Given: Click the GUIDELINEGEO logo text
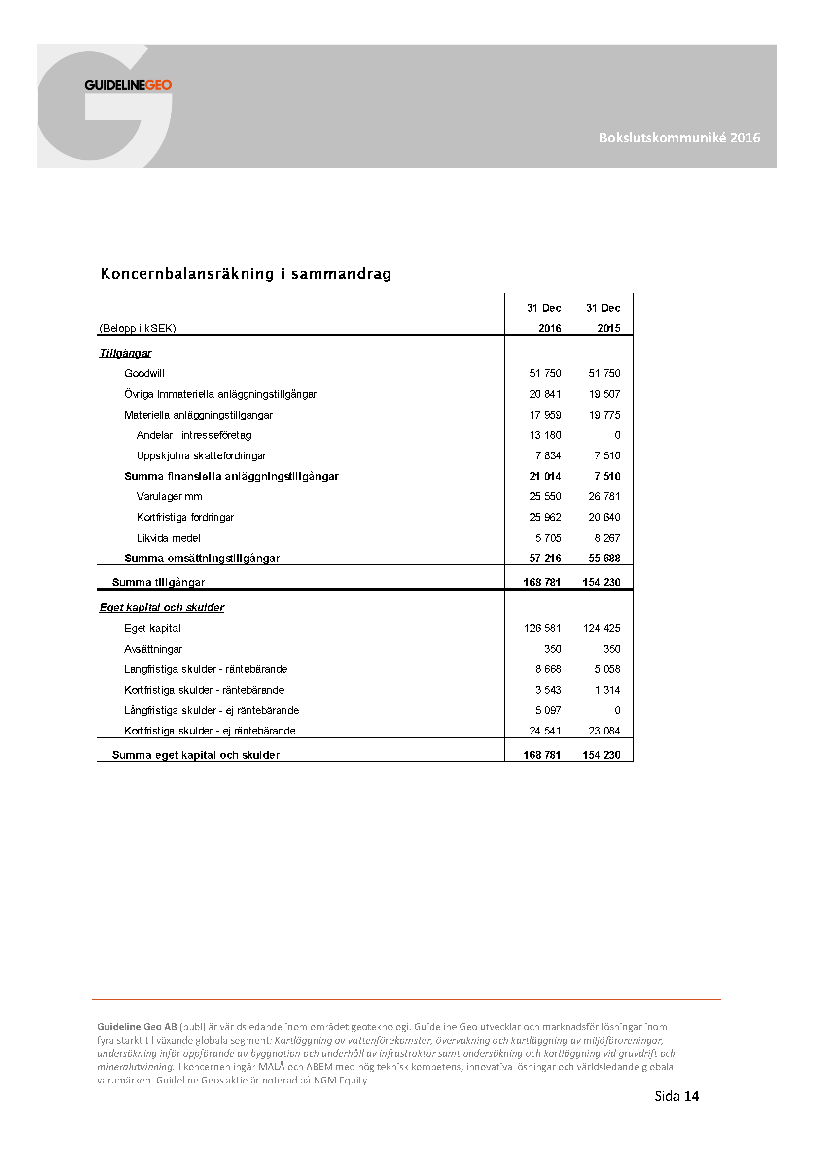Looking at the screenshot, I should coord(128,85).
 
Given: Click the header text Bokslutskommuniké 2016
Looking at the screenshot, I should coord(679,138).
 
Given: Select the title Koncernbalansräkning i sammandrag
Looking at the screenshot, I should coord(246,274).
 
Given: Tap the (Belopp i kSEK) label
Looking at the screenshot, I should coord(138,328).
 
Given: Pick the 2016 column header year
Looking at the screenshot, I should coord(549,328).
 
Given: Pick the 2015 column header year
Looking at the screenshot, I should coord(608,328).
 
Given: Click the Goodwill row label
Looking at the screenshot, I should coord(144,373).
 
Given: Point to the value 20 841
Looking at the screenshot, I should coord(545,394).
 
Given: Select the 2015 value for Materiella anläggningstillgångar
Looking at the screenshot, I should coord(604,415).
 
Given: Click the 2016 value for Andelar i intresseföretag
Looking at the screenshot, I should coord(545,435).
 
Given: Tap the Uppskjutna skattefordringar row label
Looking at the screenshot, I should coord(201,455).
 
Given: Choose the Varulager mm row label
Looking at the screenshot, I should coord(169,497).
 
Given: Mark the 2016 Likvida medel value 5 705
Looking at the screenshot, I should coord(548,538).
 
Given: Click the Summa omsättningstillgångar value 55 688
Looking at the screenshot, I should coord(604,558).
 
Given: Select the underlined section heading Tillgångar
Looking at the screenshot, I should coord(126,353).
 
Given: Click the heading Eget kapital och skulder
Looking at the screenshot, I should coord(162,608).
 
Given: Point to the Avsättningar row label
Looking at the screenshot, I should coord(153,649).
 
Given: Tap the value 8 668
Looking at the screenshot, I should coord(548,669).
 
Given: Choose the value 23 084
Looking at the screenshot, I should coord(604,731).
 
